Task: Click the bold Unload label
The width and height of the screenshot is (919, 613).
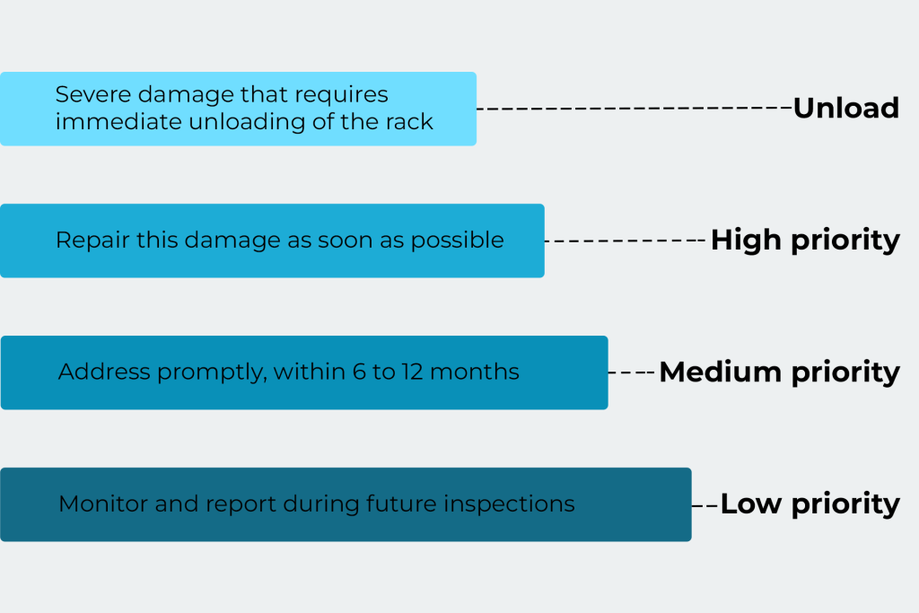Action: [x=845, y=108]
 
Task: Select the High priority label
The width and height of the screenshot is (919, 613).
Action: [x=805, y=240]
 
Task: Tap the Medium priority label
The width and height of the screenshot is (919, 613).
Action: [x=779, y=372]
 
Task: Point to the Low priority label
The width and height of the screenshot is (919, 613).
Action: [x=810, y=504]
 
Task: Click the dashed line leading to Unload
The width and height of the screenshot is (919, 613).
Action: [x=634, y=108]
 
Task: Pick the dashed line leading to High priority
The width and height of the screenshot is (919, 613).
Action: [x=626, y=241]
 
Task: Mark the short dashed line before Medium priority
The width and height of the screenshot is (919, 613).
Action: [x=632, y=372]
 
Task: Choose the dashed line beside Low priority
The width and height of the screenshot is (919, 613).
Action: [x=705, y=505]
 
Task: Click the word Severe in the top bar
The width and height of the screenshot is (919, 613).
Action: [x=84, y=94]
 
